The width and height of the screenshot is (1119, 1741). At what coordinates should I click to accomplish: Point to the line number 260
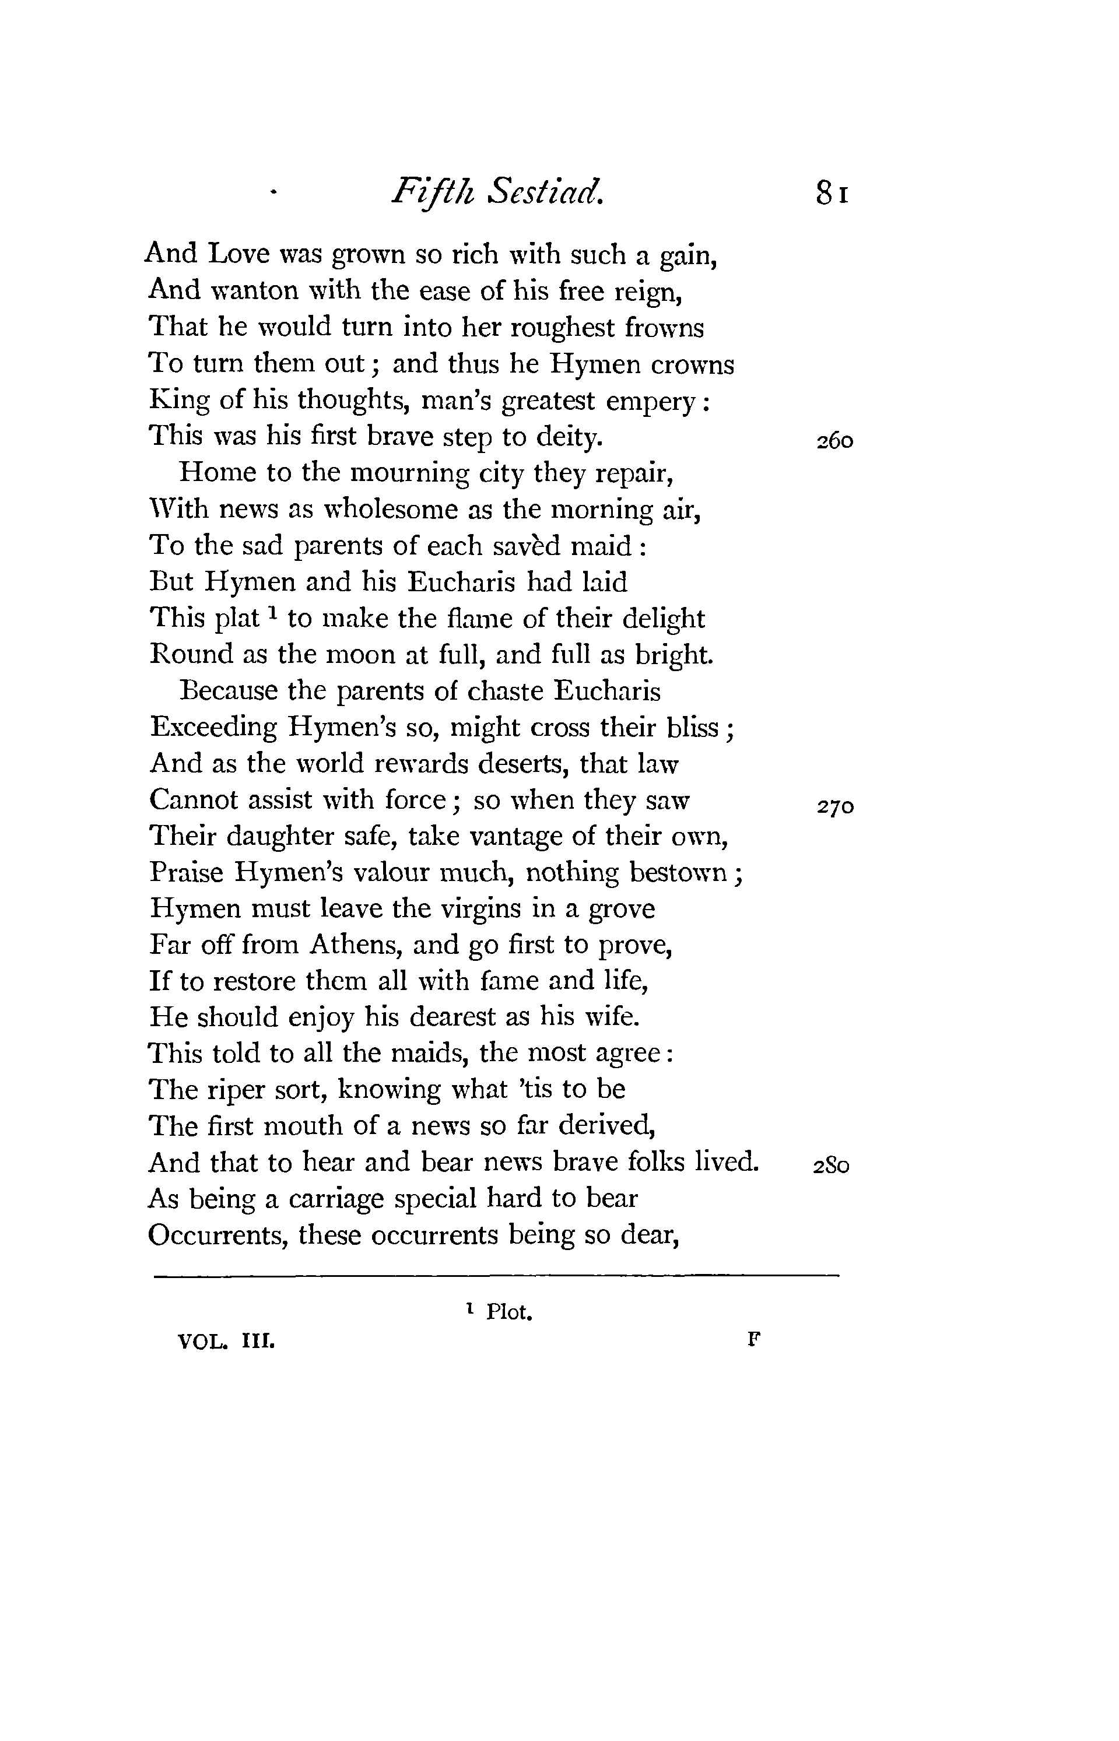(x=834, y=441)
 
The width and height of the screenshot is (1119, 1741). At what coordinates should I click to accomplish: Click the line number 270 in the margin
(x=834, y=806)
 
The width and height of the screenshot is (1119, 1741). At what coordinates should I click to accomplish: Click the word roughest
(x=564, y=328)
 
